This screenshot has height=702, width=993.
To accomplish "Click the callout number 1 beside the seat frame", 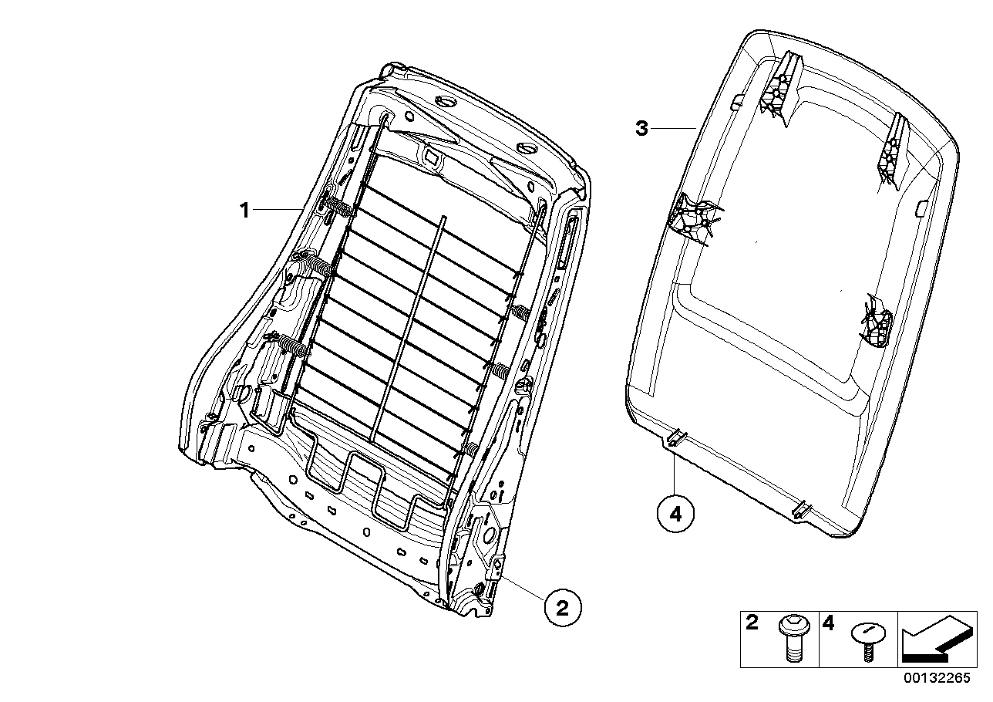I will click(244, 210).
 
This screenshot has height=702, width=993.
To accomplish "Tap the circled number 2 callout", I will click(563, 608).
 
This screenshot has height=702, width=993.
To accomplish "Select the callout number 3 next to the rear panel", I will click(641, 129).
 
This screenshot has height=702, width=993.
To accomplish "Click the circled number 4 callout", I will click(675, 515).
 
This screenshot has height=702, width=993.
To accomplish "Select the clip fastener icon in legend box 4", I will click(867, 640).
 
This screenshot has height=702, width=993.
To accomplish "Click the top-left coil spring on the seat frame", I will click(337, 207).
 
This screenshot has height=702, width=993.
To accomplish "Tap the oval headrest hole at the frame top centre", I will click(446, 103).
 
